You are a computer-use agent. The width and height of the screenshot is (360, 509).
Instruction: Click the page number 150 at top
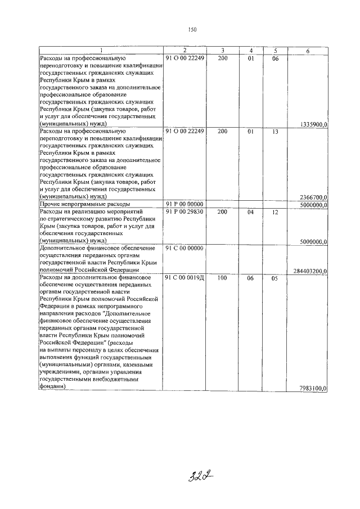pos(192,30)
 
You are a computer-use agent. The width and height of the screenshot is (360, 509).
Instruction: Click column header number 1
pos(101,51)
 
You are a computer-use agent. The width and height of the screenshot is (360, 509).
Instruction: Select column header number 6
pos(308,51)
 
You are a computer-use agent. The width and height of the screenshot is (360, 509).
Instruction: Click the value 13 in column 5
pos(275,131)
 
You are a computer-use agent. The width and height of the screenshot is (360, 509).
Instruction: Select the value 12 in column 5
pos(275,211)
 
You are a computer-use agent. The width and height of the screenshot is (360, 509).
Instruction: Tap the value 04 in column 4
pos(251,211)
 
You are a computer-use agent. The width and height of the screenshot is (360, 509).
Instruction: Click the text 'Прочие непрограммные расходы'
pos(84,204)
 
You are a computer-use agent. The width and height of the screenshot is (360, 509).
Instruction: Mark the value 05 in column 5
pos(275,277)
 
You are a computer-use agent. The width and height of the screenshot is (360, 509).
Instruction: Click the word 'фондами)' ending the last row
pos(52,387)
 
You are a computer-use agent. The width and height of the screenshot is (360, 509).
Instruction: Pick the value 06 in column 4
pos(251,277)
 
